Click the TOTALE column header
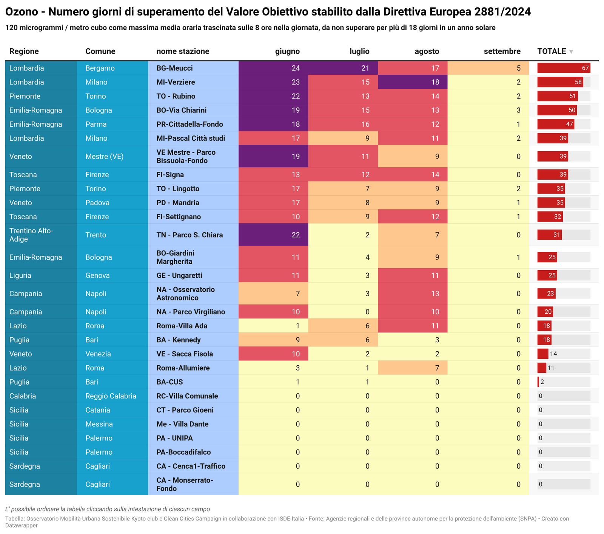click(x=551, y=51)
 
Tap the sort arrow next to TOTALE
click(x=571, y=52)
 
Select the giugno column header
click(x=287, y=51)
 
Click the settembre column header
click(x=502, y=51)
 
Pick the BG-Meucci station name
click(x=174, y=68)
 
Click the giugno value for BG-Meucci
click(x=296, y=68)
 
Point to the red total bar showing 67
click(x=564, y=68)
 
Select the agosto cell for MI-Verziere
click(x=435, y=82)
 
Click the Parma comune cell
click(x=96, y=124)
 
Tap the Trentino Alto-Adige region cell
click(x=31, y=235)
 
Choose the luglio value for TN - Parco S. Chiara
click(x=367, y=235)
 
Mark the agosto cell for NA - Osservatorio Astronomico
click(x=435, y=294)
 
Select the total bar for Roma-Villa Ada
click(x=544, y=326)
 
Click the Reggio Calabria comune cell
click(x=111, y=396)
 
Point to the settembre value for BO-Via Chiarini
click(x=518, y=110)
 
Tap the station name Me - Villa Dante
click(x=182, y=424)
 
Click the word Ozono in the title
click(x=22, y=12)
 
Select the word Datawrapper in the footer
click(x=21, y=525)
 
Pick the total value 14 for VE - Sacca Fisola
click(x=553, y=354)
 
